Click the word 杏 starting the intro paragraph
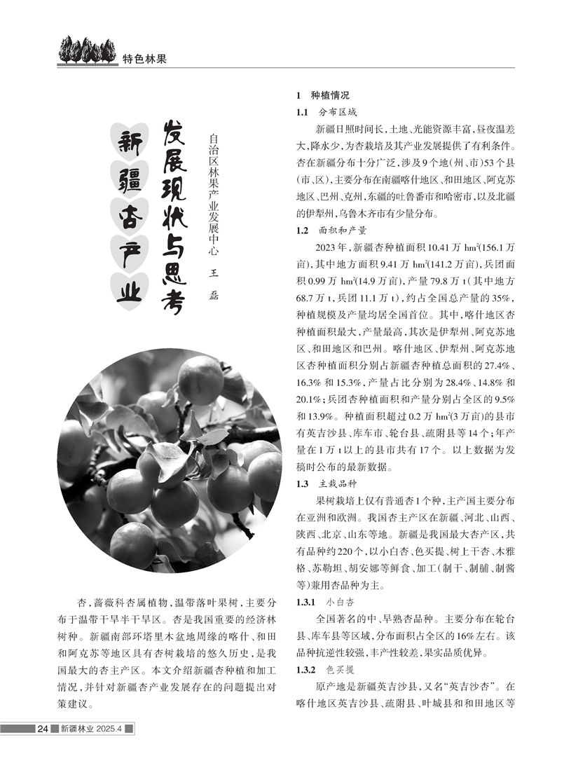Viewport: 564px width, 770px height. [83, 602]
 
